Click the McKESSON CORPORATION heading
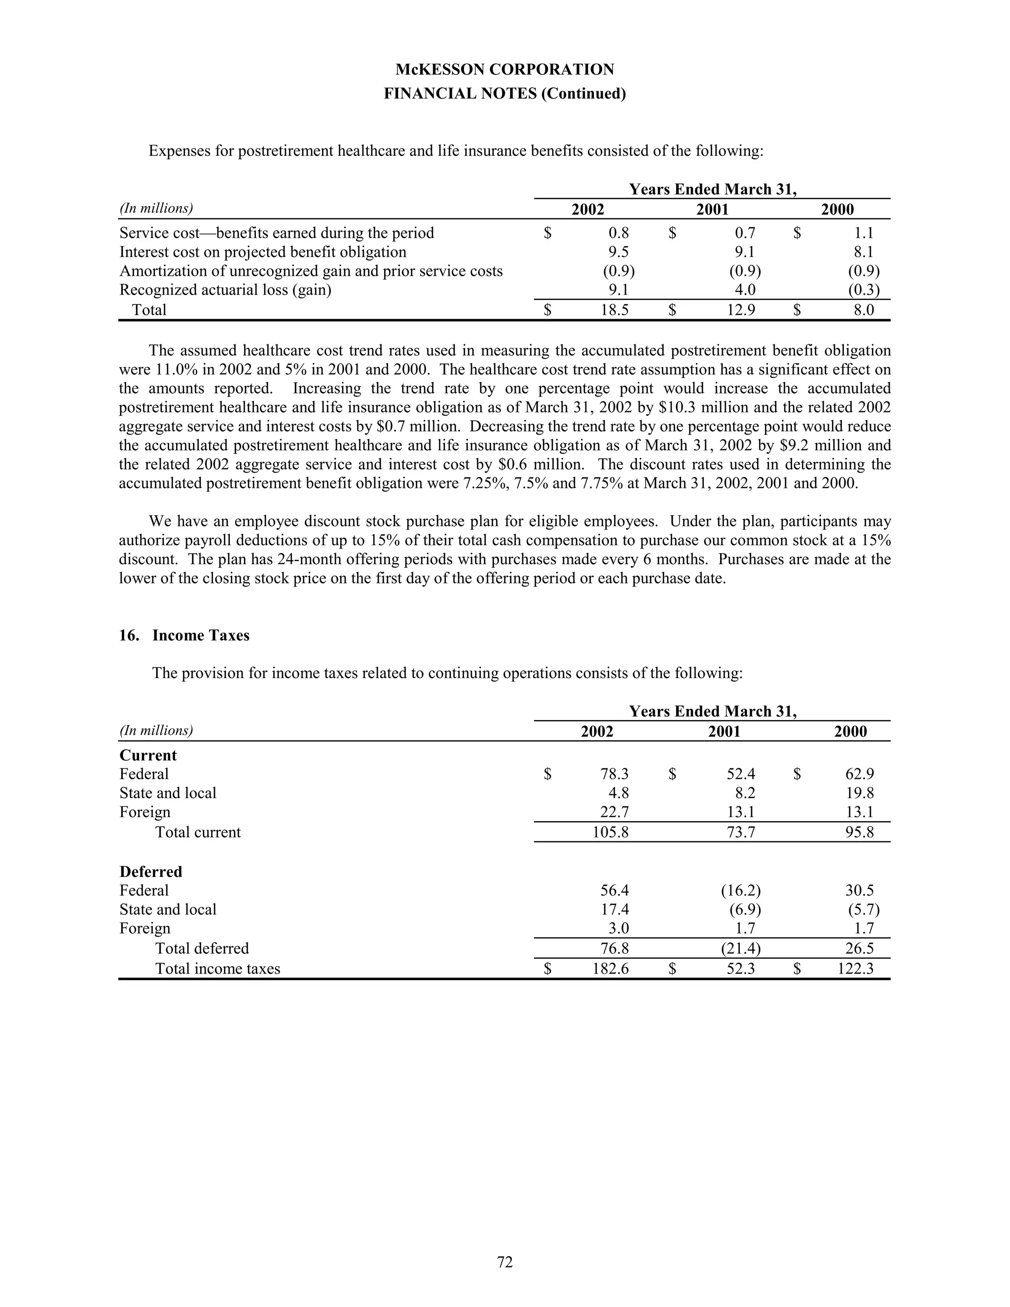tap(505, 70)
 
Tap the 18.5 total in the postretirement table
tap(614, 310)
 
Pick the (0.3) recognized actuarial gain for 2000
tap(864, 290)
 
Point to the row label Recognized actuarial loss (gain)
tap(225, 290)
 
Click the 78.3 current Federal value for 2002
tap(614, 774)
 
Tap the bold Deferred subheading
tap(151, 871)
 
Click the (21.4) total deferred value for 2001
tap(741, 948)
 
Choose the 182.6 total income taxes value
tap(611, 969)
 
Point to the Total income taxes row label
tap(218, 969)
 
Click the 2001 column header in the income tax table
tap(724, 731)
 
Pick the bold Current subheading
tap(148, 755)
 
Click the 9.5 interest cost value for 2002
tap(618, 252)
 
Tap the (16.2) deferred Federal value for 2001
tap(741, 890)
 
